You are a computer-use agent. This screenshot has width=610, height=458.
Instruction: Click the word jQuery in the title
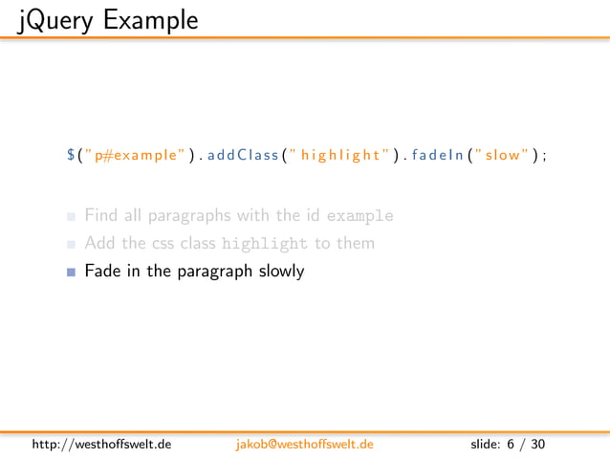49,18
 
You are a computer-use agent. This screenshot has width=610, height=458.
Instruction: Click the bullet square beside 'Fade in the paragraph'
71,272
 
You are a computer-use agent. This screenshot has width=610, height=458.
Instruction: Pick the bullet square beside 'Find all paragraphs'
71,216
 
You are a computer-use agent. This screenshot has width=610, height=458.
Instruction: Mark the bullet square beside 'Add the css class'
71,244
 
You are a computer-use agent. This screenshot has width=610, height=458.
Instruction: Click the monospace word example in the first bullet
359,216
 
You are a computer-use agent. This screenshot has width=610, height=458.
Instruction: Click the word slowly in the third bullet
281,272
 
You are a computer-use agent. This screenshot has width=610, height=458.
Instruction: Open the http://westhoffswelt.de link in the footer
101,445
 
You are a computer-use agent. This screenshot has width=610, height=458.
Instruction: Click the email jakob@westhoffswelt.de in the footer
304,445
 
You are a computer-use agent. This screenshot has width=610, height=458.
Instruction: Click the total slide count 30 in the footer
538,445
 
